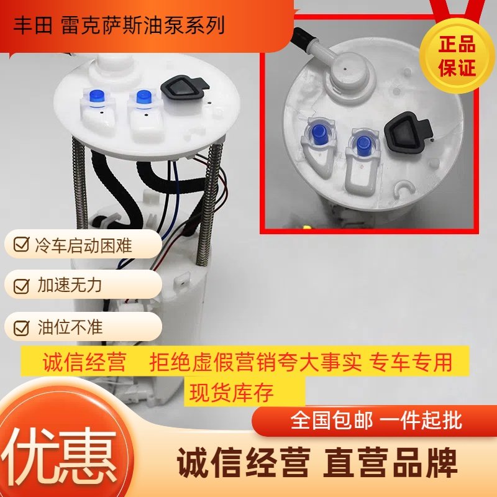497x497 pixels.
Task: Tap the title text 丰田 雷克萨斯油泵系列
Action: coord(119,25)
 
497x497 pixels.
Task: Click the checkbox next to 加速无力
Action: coord(21,286)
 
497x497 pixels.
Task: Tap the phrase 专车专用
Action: coord(412,362)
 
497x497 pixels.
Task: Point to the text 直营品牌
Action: coord(390,464)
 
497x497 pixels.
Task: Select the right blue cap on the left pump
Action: coord(143,98)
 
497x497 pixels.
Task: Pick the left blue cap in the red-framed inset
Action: coord(317,132)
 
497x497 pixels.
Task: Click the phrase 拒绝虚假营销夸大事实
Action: coord(255,362)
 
